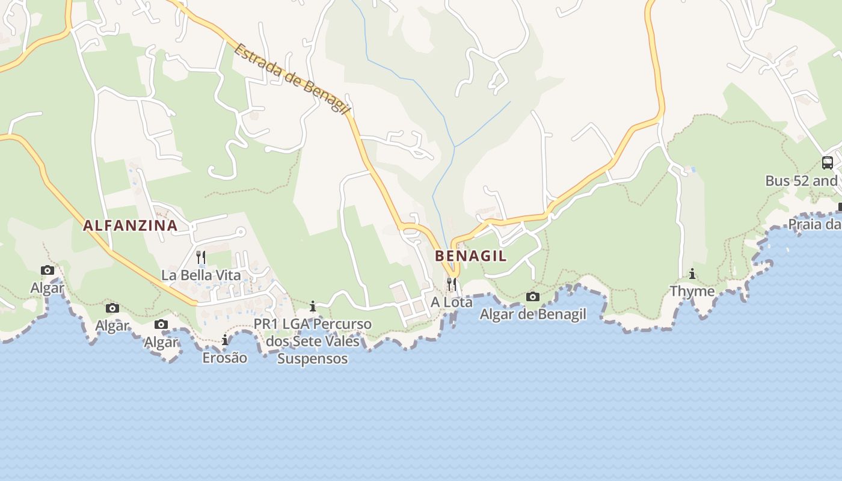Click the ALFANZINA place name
coord(130,225)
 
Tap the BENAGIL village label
coord(470,256)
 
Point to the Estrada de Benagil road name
coord(292,79)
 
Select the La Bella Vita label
coord(201,275)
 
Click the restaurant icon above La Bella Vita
coord(201,257)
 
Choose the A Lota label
coord(452,302)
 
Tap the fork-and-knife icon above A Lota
coord(452,283)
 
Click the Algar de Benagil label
coord(533,314)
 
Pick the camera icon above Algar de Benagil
coord(533,296)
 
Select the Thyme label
coord(692,292)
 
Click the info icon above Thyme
coord(692,274)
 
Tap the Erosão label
coord(224,358)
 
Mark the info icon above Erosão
coord(225,340)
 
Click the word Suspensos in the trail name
coord(312,359)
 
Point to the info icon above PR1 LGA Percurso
coord(312,306)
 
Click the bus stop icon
coord(828,162)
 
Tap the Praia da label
coord(814,224)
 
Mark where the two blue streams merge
coord(455,147)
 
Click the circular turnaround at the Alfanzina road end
coord(241,231)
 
